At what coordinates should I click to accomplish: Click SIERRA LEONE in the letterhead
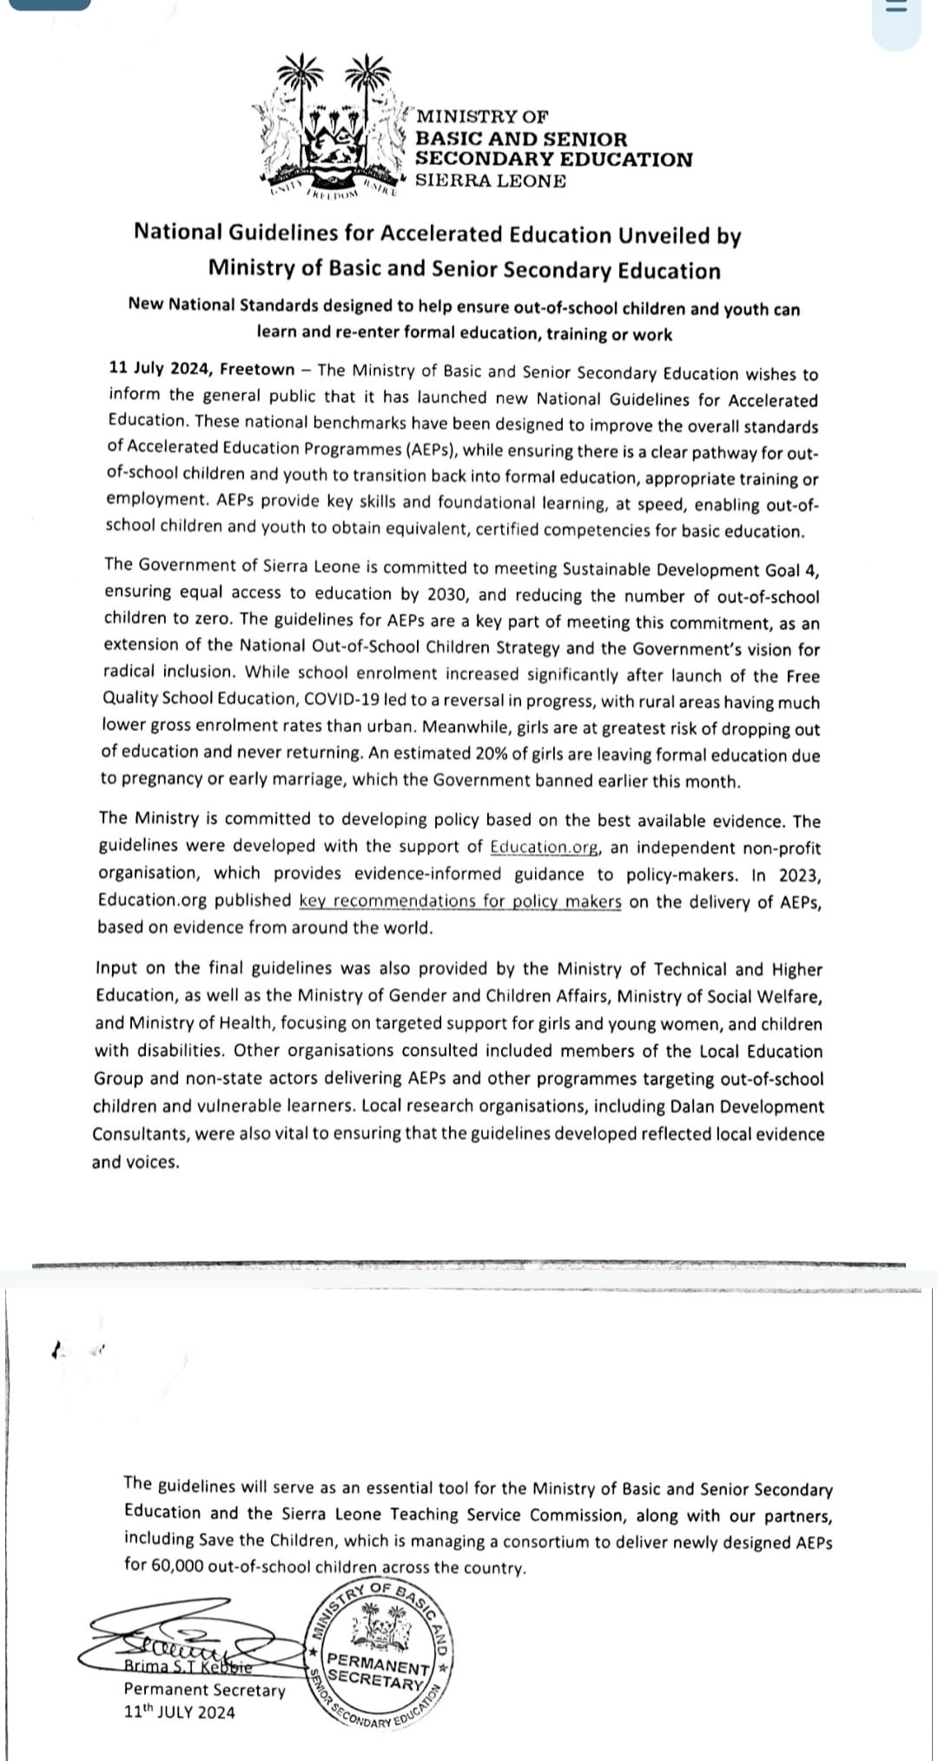(x=491, y=181)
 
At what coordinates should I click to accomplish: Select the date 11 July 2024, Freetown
(x=201, y=369)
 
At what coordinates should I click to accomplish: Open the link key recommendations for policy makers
(x=460, y=901)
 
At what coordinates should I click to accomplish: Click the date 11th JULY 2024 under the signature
(x=179, y=1712)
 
